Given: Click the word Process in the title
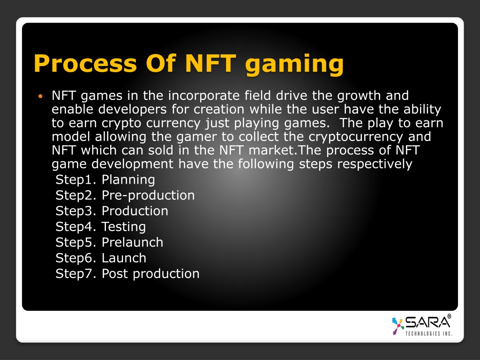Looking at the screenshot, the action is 85,63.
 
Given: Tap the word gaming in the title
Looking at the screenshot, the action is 294,65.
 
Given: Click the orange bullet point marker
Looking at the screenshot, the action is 40,97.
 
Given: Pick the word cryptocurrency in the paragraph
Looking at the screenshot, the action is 356,137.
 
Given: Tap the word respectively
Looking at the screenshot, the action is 375,165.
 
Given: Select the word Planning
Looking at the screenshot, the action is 128,180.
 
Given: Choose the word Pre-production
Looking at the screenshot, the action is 148,196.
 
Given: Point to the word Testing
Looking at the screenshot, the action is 124,227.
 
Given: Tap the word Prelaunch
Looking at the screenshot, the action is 132,242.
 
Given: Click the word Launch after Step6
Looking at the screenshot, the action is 124,258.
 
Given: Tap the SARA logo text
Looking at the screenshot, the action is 427,322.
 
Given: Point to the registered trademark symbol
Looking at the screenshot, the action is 449,316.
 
